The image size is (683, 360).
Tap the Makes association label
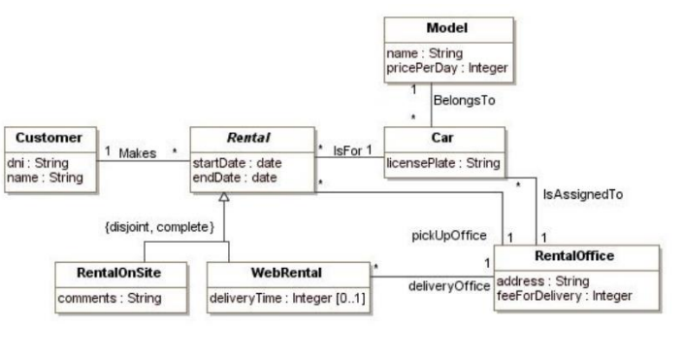[138, 152]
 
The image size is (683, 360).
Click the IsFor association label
[345, 151]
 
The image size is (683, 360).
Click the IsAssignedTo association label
[582, 194]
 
